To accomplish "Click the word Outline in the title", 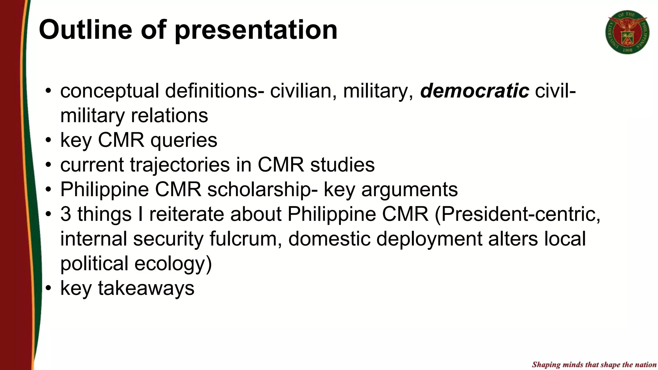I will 85,30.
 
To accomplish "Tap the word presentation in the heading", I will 256,30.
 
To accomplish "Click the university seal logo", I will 627,32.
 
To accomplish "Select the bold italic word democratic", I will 475,91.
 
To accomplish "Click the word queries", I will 184,140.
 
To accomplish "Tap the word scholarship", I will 259,189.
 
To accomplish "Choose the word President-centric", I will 517,214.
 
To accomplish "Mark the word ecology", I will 173,263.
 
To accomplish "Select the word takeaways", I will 146,288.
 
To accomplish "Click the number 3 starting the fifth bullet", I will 66,214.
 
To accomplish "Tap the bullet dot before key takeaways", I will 48,288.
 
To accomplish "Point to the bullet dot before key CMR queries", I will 48,140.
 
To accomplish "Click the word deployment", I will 429,239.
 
